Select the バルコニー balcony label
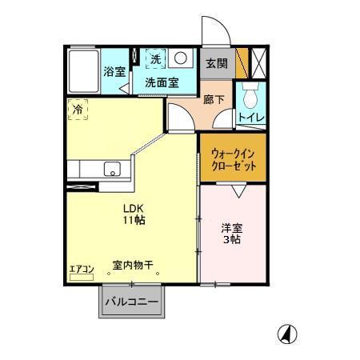pyautogui.click(x=131, y=303)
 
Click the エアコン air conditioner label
pyautogui.click(x=81, y=268)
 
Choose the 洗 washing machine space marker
pyautogui.click(x=156, y=59)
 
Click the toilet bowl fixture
pyautogui.click(x=250, y=98)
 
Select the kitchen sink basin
pyautogui.click(x=113, y=169)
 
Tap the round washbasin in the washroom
pyautogui.click(x=181, y=58)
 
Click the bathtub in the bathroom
pyautogui.click(x=82, y=71)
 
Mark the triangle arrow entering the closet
pyautogui.click(x=238, y=190)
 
